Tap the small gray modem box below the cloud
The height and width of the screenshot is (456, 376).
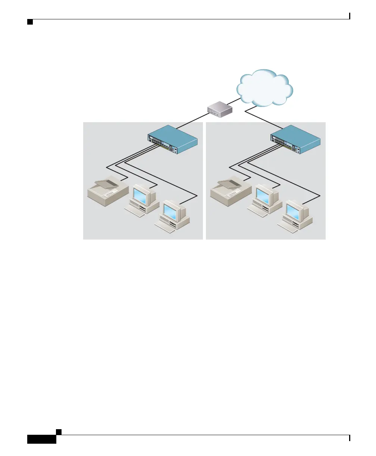pos(220,111)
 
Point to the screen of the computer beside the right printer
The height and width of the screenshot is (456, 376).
pos(264,196)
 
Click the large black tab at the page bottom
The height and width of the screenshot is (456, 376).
pos(42,439)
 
